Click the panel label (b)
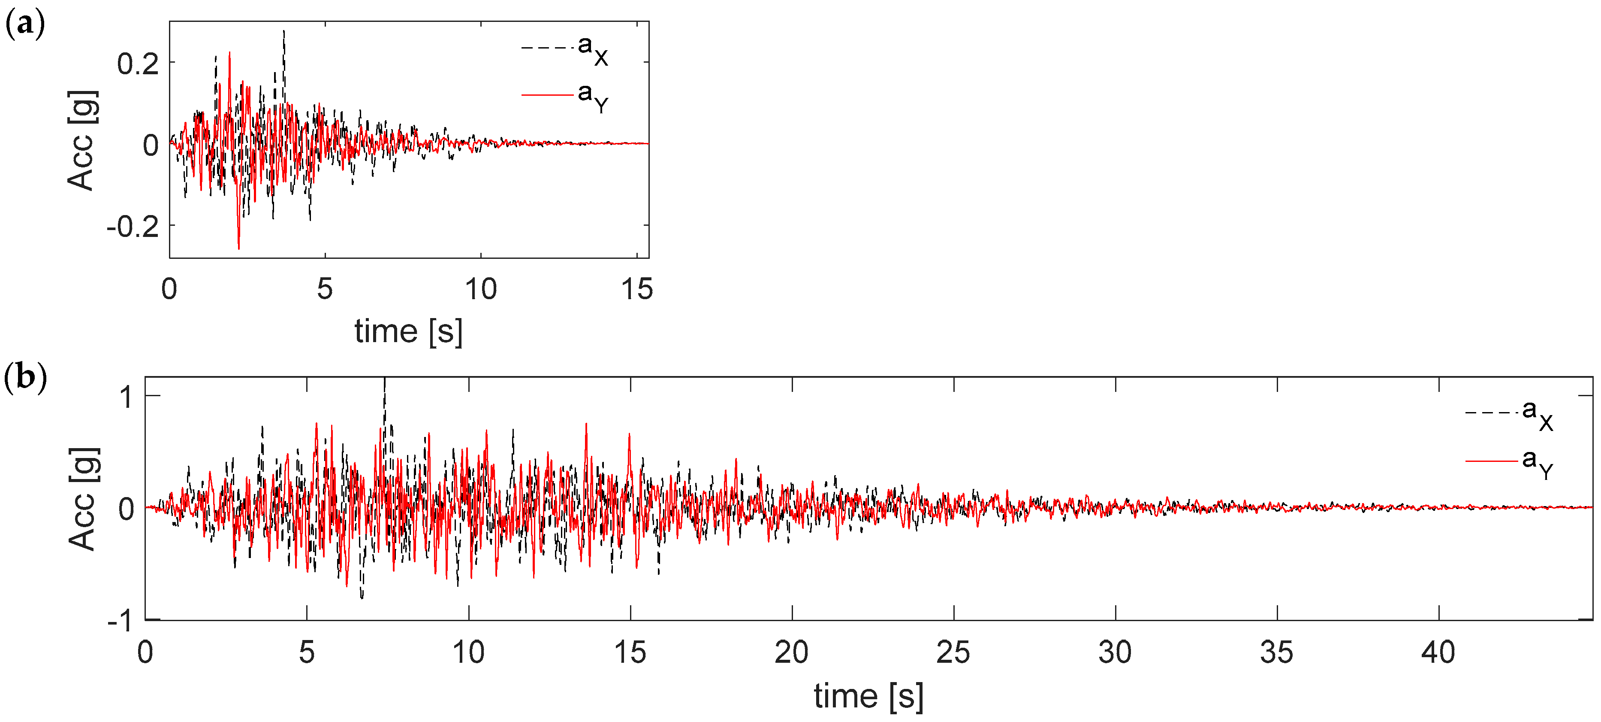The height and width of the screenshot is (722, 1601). coord(25,377)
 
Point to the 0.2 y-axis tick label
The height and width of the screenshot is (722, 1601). coord(138,64)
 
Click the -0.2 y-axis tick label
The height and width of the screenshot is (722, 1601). coord(133,227)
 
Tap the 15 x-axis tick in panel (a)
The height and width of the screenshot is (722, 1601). coord(637,290)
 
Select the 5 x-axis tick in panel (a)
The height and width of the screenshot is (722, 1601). coord(325,290)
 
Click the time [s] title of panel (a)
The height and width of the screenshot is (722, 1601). coord(408,331)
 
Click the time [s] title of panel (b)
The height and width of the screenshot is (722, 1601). coord(868,696)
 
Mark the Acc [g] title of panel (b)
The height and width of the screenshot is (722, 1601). coord(83,499)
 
